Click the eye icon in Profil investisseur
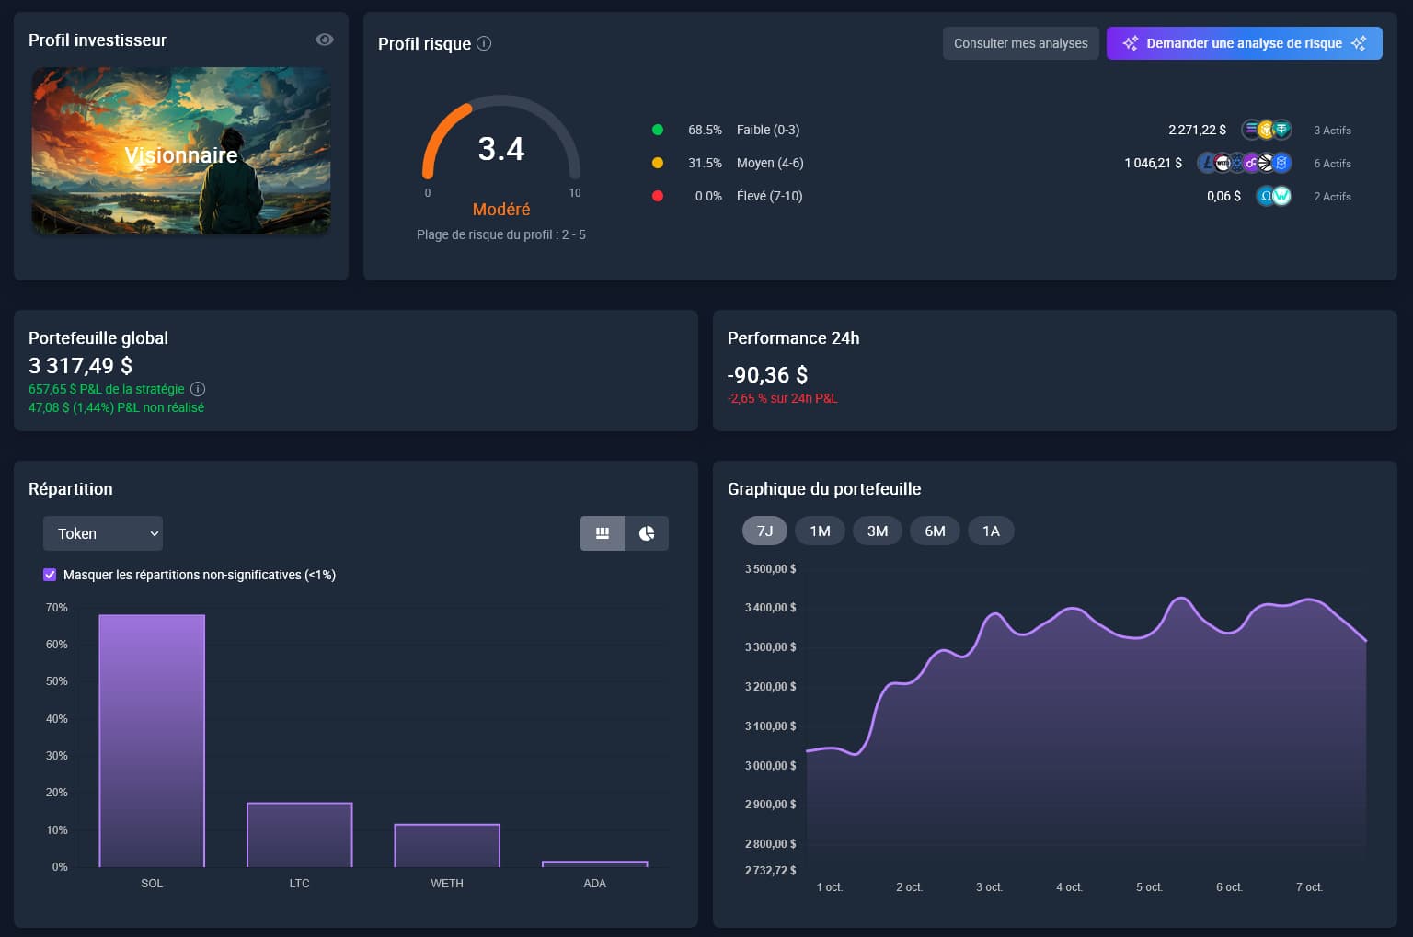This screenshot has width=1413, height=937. click(x=324, y=40)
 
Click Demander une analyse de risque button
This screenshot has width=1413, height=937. click(x=1244, y=43)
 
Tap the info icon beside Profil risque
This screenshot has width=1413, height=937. click(x=484, y=43)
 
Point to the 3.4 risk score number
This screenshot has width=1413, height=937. click(x=500, y=149)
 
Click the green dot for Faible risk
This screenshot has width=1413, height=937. click(x=658, y=130)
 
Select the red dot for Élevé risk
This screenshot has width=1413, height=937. click(x=658, y=196)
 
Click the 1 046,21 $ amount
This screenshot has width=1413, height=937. click(x=1153, y=164)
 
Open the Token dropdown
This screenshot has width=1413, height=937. click(x=103, y=533)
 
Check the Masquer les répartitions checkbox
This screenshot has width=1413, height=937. click(x=50, y=575)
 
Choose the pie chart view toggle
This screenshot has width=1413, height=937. click(x=647, y=533)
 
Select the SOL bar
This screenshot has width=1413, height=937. click(x=152, y=740)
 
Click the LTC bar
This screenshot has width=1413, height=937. click(x=300, y=834)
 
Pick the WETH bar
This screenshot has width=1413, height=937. click(x=447, y=845)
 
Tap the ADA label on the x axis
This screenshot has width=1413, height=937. click(x=595, y=884)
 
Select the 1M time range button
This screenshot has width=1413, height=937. click(x=820, y=531)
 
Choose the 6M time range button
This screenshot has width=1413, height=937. click(x=935, y=531)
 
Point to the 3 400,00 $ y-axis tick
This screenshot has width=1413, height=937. click(x=770, y=608)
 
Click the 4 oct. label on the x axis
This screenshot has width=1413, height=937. click(x=1069, y=887)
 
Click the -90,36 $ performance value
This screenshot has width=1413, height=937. click(x=767, y=375)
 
